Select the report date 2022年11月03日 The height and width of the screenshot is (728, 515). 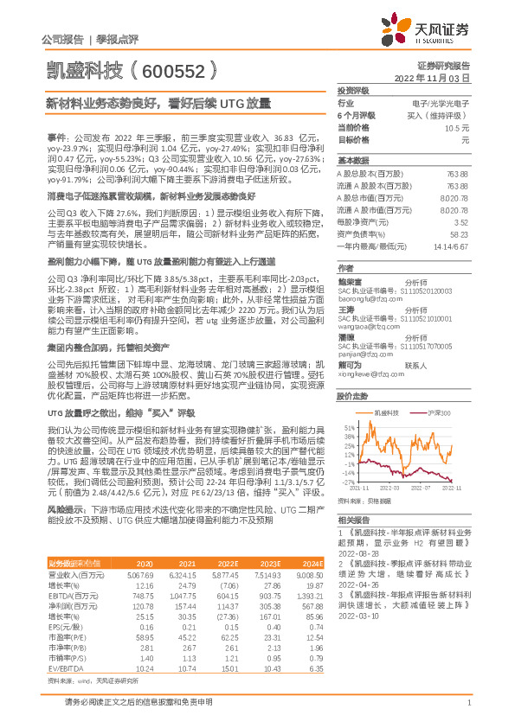(x=438, y=78)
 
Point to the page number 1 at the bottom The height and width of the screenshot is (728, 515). (x=467, y=701)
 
